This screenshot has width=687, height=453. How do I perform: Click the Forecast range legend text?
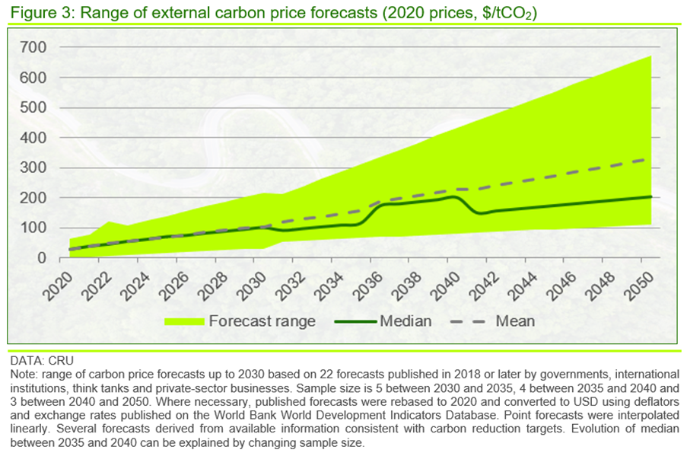pos(262,321)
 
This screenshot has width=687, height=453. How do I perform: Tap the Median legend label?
pos(406,321)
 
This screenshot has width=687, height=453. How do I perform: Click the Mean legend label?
pos(515,321)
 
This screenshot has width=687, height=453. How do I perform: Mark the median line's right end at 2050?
pos(651,196)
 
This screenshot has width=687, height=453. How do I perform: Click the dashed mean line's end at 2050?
pos(651,159)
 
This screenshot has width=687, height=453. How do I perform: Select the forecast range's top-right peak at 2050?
pos(651,56)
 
